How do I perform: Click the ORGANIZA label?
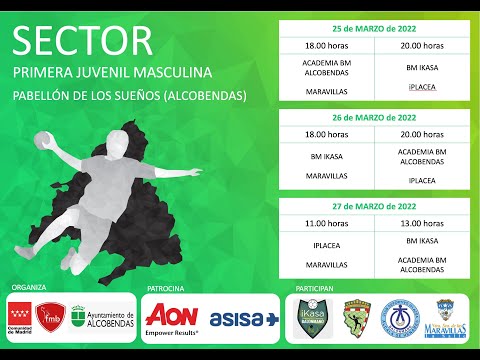click(29, 287)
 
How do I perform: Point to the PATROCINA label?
click(166, 287)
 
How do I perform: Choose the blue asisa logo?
click(244, 318)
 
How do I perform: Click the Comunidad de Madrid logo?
click(24, 318)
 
